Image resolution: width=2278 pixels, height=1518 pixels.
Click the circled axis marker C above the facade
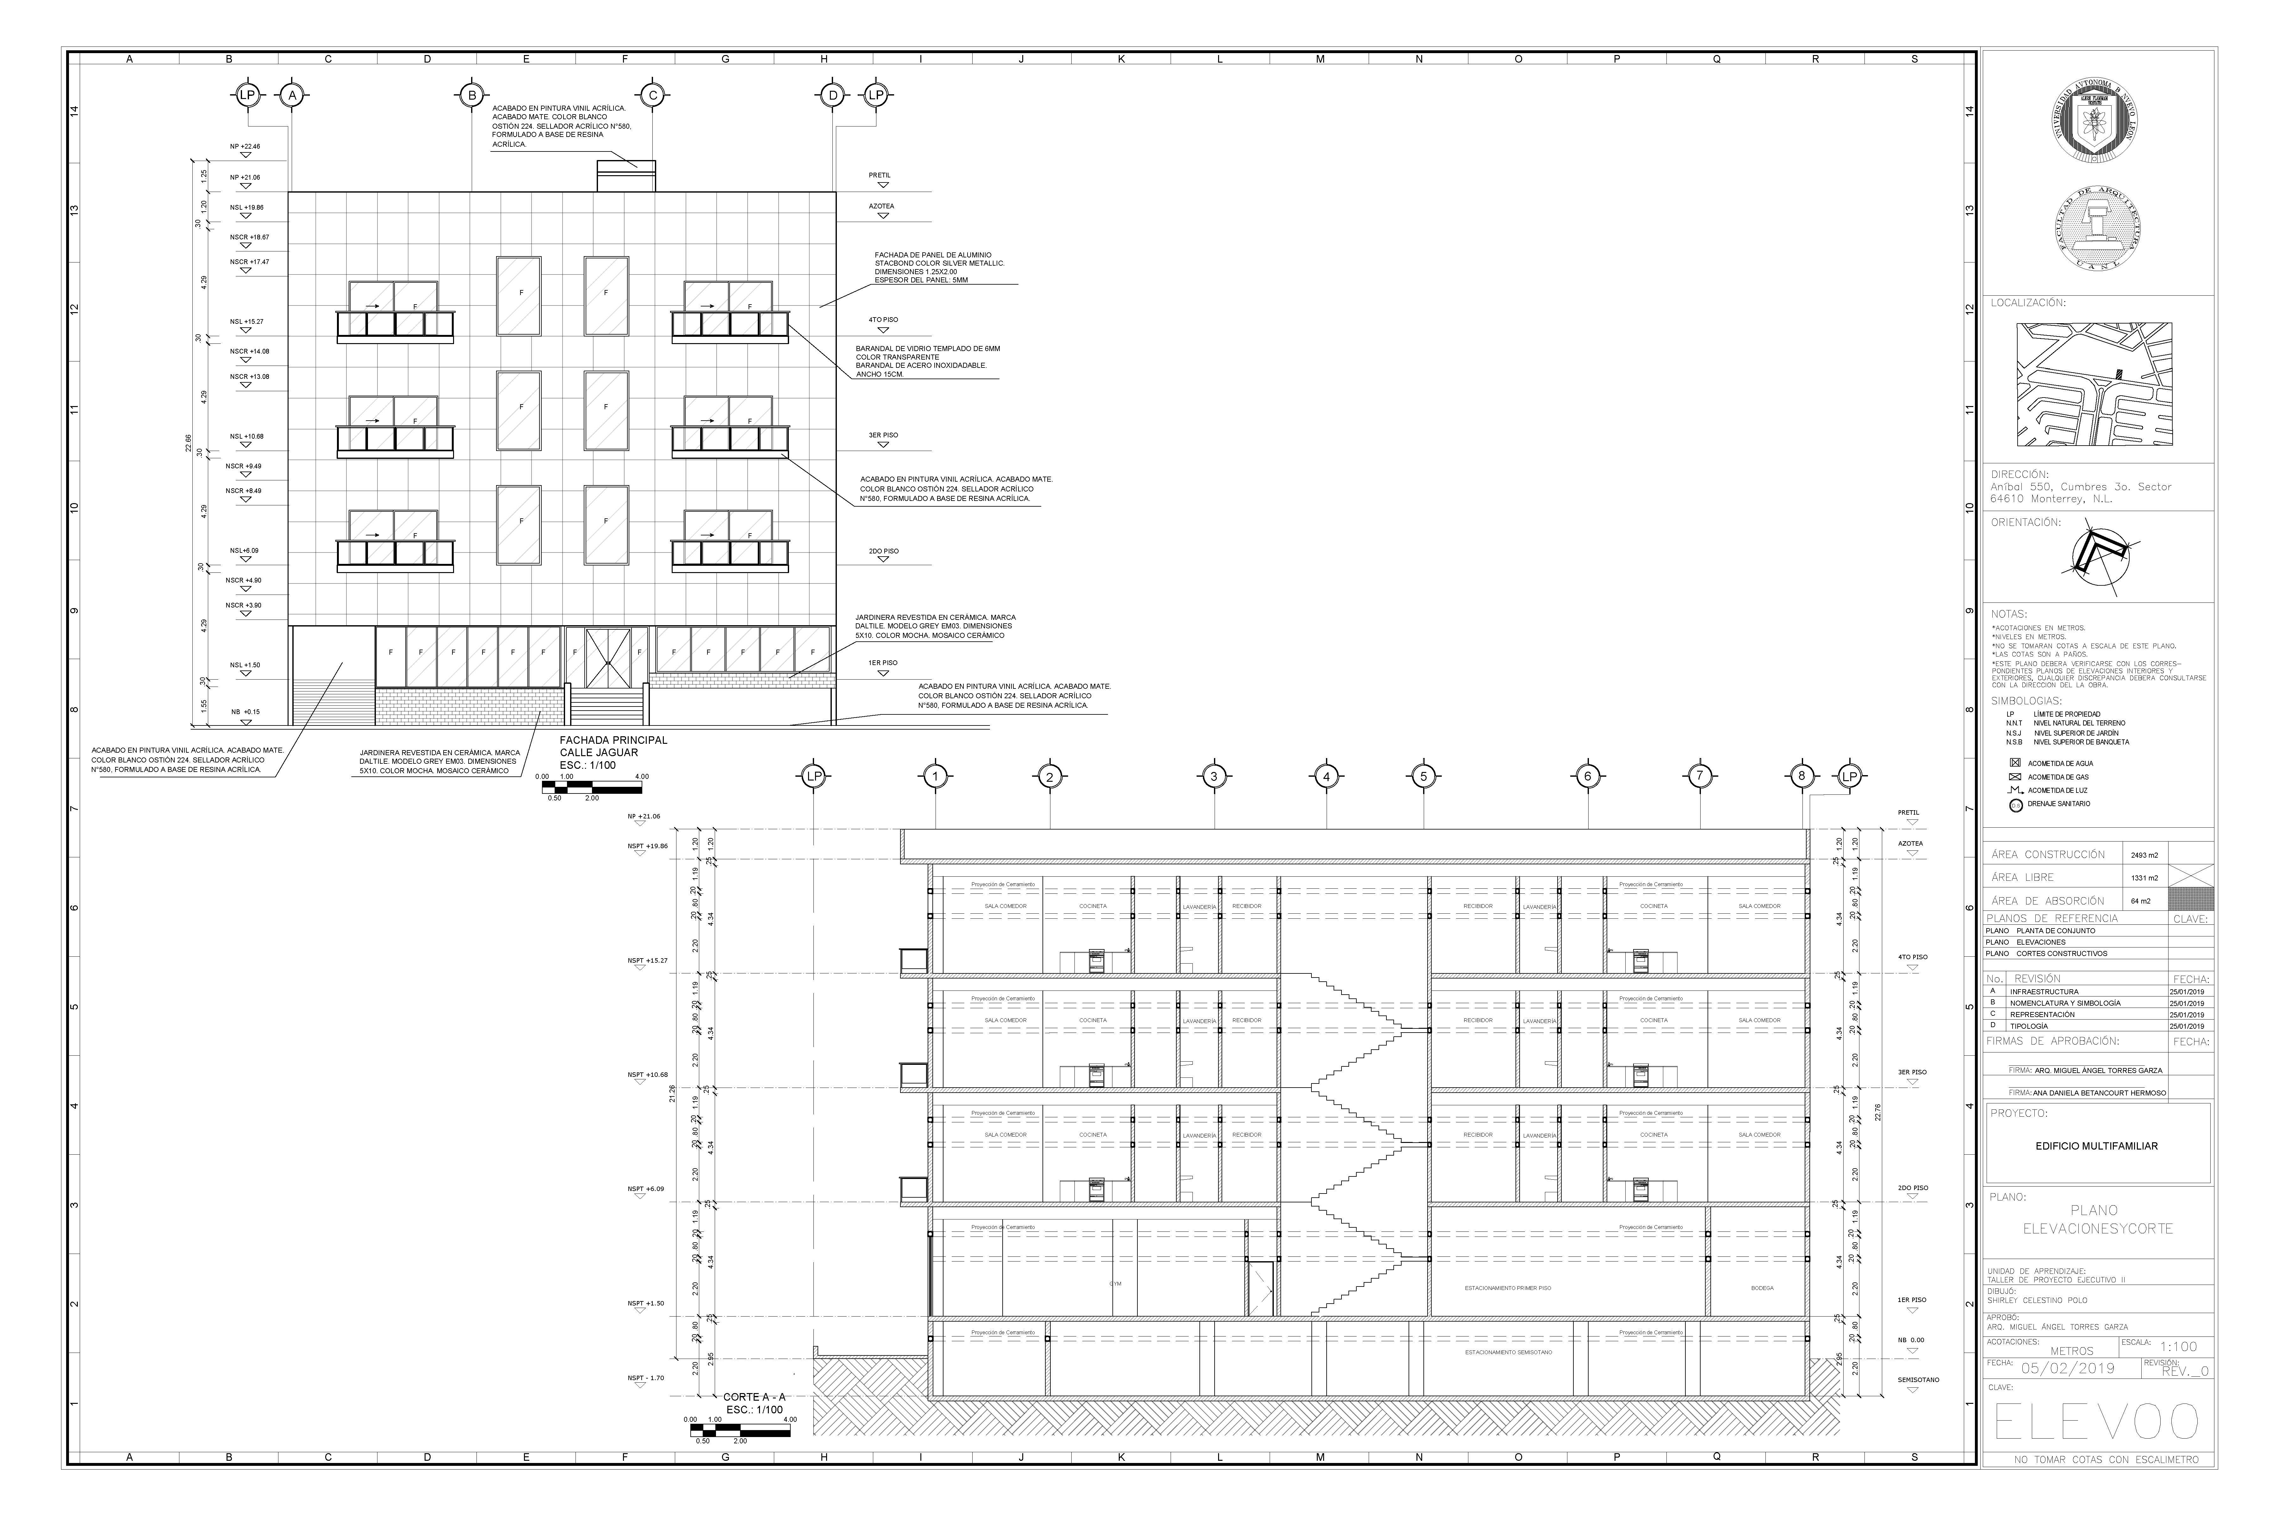[653, 95]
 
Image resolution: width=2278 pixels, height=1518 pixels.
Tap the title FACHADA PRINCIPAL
[613, 741]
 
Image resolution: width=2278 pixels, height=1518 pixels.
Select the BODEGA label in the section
[1762, 1288]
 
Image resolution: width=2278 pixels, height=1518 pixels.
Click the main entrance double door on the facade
[607, 658]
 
